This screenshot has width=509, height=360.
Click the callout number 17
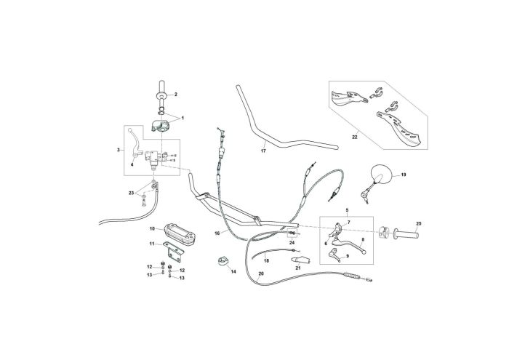coord(263,152)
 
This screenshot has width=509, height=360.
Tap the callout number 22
coord(356,136)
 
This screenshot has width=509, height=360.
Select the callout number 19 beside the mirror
coord(404,175)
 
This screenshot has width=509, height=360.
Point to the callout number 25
coord(418,223)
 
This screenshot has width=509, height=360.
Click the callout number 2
coord(175,94)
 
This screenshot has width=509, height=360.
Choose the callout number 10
coord(152,228)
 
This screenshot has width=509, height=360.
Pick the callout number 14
coord(233,271)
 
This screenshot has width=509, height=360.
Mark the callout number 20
coord(261,273)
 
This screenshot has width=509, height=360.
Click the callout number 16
coord(217,233)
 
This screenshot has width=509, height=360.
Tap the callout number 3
coord(119,151)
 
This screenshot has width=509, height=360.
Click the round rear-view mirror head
coord(382,173)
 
